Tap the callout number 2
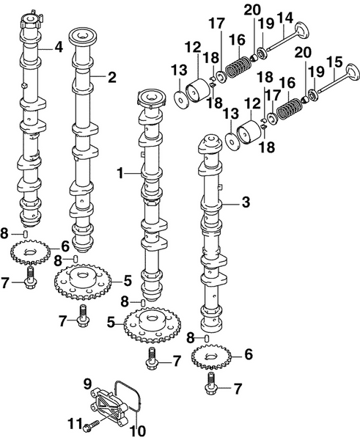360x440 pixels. point(112,76)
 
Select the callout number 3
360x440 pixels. point(246,199)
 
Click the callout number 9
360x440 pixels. point(87,382)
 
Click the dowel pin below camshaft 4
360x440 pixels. point(26,234)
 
